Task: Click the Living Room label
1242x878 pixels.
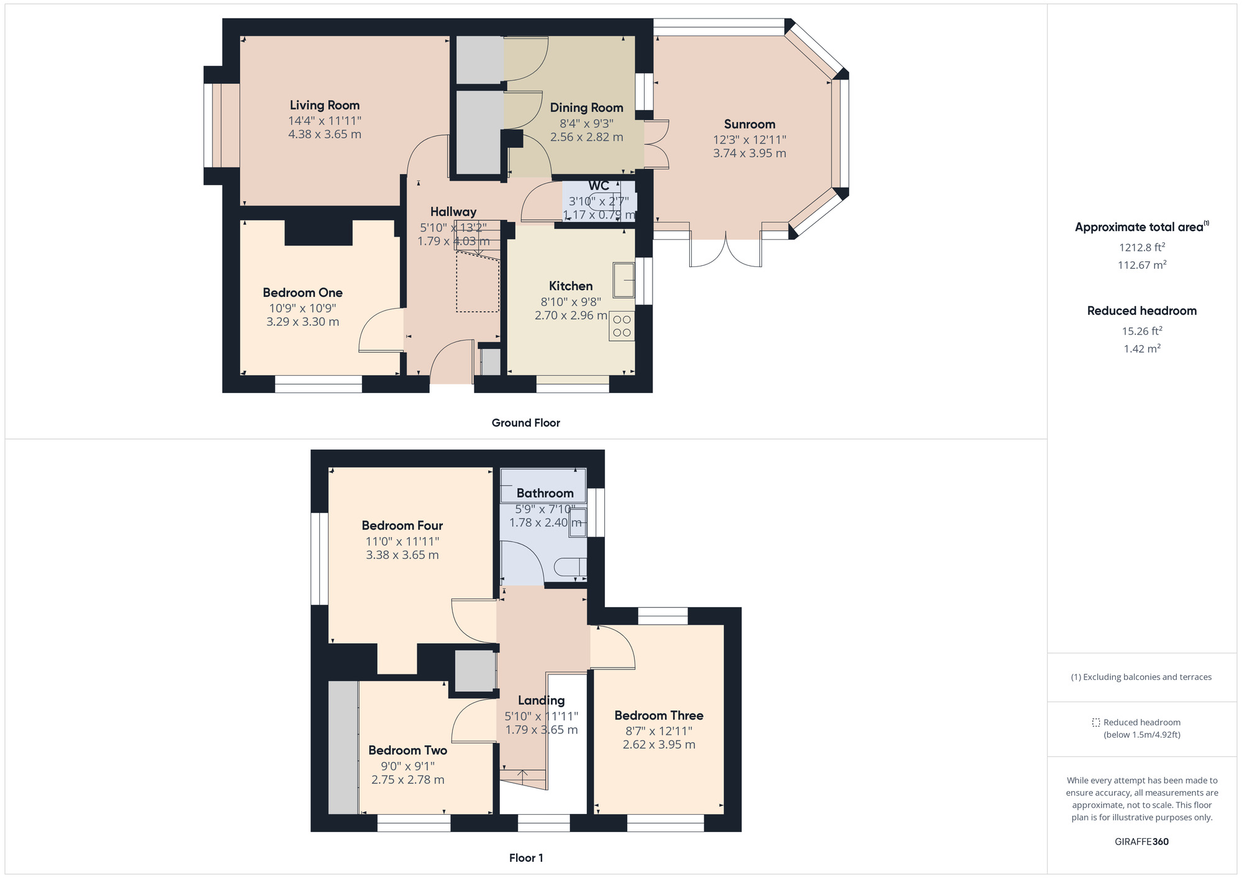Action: (324, 106)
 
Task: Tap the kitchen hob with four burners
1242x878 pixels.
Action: (622, 326)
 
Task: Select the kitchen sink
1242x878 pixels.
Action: (623, 280)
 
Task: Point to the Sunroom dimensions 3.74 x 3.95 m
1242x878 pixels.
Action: (749, 153)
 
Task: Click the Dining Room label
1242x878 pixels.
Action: (586, 108)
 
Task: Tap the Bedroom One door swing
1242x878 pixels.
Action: (380, 331)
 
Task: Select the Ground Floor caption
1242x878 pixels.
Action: (525, 423)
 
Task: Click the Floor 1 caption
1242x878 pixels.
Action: (525, 858)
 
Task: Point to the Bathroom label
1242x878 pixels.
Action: (545, 494)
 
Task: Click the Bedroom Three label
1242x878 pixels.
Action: (658, 715)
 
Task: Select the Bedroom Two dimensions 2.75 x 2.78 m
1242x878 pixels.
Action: (407, 780)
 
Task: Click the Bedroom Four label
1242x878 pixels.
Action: (402, 526)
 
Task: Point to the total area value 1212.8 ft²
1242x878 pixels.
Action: (1141, 248)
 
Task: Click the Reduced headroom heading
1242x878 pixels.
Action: (1141, 311)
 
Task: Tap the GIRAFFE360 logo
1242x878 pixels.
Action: (1141, 842)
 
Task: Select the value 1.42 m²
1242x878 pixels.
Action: (1141, 349)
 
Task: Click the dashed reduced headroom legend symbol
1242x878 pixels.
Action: (1096, 723)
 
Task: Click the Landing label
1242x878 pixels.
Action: (541, 700)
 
